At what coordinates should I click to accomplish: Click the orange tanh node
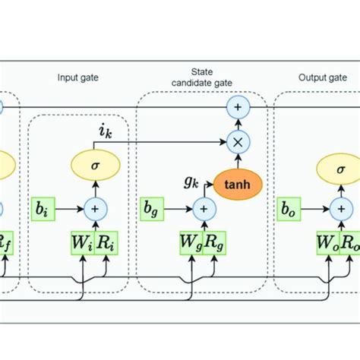[237, 183]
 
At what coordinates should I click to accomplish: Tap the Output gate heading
[316, 77]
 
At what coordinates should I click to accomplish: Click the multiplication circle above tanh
[237, 141]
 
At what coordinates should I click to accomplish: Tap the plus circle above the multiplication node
[237, 108]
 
